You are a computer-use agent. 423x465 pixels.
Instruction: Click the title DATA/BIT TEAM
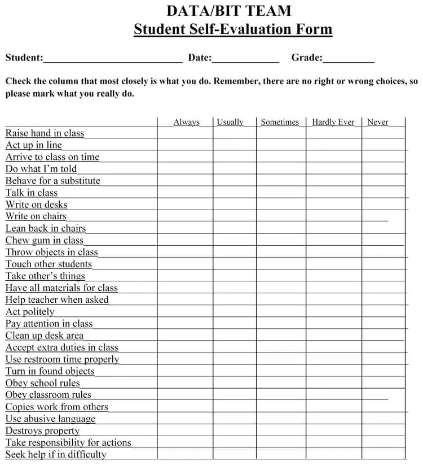tap(229, 11)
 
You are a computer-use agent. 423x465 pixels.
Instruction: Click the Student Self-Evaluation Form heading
tap(233, 29)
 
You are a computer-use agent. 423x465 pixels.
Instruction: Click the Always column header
tap(187, 122)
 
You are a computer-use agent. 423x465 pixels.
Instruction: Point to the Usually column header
tap(230, 122)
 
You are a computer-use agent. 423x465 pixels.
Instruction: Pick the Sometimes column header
tap(280, 122)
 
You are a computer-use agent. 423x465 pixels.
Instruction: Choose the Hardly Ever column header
tap(333, 122)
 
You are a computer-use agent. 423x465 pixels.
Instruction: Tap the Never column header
tap(378, 122)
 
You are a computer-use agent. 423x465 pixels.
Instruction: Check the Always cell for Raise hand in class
tap(185, 133)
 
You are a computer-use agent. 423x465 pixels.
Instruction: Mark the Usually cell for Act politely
tap(235, 312)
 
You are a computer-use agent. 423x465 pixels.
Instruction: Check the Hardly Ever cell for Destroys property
tap(334, 431)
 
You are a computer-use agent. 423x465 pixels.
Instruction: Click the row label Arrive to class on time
tap(52, 157)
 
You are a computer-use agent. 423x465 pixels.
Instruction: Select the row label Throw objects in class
tap(52, 253)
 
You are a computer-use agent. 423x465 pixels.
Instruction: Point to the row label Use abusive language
tap(51, 419)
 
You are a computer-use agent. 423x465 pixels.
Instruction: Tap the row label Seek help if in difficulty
tap(56, 454)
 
